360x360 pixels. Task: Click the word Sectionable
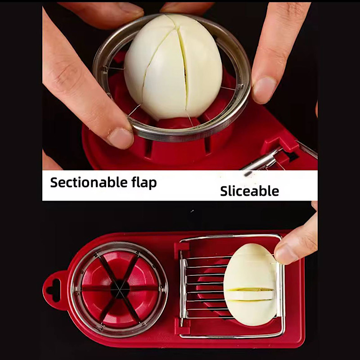pyautogui.click(x=89, y=182)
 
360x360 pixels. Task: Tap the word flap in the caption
pyautogui.click(x=144, y=183)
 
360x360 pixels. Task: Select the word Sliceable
pyautogui.click(x=250, y=191)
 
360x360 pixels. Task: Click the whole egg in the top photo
pyautogui.click(x=173, y=67)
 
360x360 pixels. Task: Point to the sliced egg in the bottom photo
pyautogui.click(x=250, y=285)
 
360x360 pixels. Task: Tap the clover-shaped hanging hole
pyautogui.click(x=54, y=290)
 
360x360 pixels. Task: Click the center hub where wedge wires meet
pyautogui.click(x=120, y=289)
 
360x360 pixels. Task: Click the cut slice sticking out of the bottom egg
pyautogui.click(x=250, y=295)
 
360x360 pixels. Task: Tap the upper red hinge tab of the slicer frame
pyautogui.click(x=182, y=247)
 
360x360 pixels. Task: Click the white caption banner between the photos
pyautogui.click(x=180, y=185)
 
